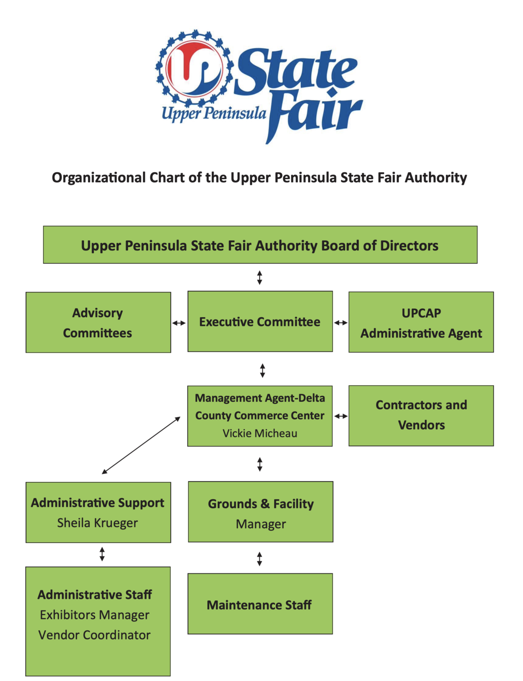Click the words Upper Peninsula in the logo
(214, 113)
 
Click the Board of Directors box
(260, 245)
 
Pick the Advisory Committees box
(98, 322)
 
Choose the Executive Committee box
(260, 322)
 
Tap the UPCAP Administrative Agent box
(421, 322)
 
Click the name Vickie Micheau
(260, 434)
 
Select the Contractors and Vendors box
(421, 415)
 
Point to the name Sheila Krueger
(98, 523)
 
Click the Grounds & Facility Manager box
(261, 512)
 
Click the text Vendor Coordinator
(94, 635)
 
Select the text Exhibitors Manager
(95, 615)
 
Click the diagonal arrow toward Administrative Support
(141, 445)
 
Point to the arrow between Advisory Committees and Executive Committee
(179, 323)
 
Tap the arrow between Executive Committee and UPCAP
(341, 323)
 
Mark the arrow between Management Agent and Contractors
(341, 416)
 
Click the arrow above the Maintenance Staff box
(260, 559)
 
